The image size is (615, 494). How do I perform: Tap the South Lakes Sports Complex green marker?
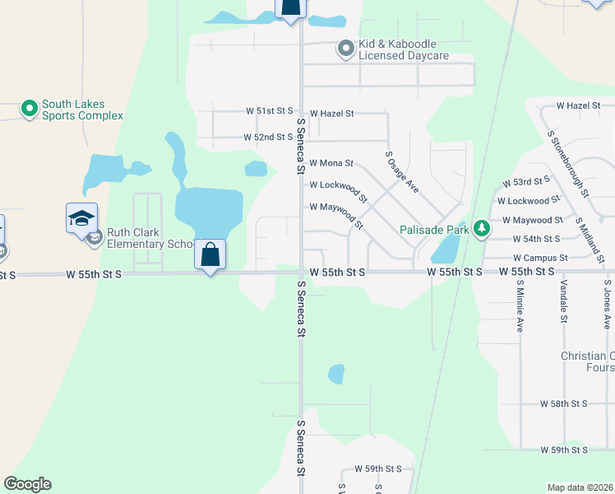coord(30,109)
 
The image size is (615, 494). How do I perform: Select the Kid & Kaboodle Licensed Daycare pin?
coord(345,49)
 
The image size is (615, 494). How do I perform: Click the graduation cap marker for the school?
coord(82,218)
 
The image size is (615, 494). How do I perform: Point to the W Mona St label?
coord(331,164)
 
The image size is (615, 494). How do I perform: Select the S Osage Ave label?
coord(402,172)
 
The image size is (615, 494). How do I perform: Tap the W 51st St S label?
coord(269,110)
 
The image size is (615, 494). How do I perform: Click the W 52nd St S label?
coord(268,137)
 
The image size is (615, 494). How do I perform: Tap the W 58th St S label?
coord(563,404)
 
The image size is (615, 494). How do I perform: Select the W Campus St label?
coord(540,258)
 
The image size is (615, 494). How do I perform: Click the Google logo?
coord(28,484)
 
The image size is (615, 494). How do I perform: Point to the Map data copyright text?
coord(579,487)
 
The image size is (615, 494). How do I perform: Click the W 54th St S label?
coord(539,239)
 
